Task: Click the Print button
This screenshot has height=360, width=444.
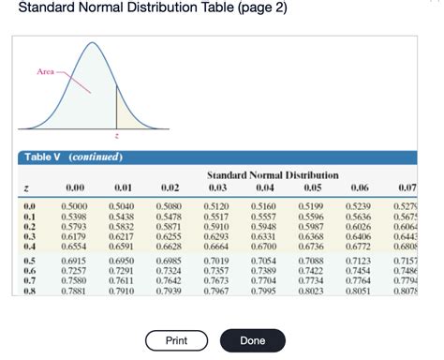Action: click(x=176, y=340)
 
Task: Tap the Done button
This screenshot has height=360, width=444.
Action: click(x=253, y=340)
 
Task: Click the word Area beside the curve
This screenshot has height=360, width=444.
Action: click(x=46, y=71)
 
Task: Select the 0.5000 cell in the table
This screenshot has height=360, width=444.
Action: click(x=75, y=204)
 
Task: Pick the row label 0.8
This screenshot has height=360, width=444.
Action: click(x=29, y=291)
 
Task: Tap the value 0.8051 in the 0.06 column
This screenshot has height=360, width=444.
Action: click(x=359, y=291)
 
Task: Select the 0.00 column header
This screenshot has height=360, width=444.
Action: click(x=75, y=187)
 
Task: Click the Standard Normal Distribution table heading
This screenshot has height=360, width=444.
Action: click(x=273, y=175)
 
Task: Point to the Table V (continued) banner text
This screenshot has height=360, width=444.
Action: click(x=70, y=157)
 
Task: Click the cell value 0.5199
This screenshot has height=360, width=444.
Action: click(x=312, y=204)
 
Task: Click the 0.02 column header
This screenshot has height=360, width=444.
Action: click(x=169, y=187)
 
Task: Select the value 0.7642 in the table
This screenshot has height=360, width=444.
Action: click(x=169, y=280)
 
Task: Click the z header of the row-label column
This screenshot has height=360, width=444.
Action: click(x=27, y=187)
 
